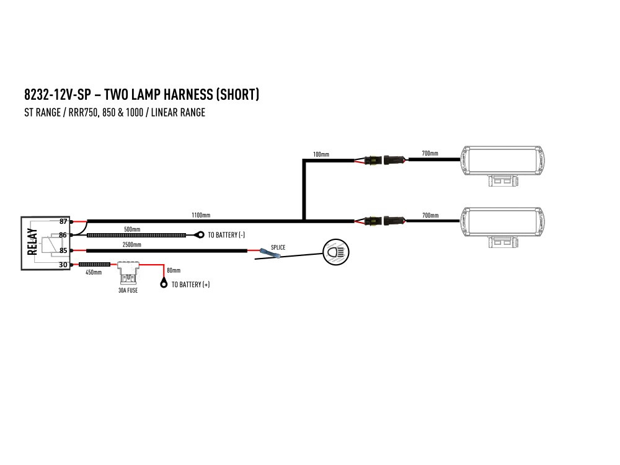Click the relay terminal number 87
63,221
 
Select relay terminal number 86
63,236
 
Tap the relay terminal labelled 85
63,250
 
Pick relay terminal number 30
63,265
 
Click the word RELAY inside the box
33,242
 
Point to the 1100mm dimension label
201,215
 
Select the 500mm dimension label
132,229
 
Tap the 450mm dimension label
94,272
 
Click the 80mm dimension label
174,270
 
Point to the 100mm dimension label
321,153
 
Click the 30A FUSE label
128,290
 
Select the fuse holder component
128,270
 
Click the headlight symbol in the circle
336,252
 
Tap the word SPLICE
278,247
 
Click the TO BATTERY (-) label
226,236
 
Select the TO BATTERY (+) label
190,285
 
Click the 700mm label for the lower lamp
430,215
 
